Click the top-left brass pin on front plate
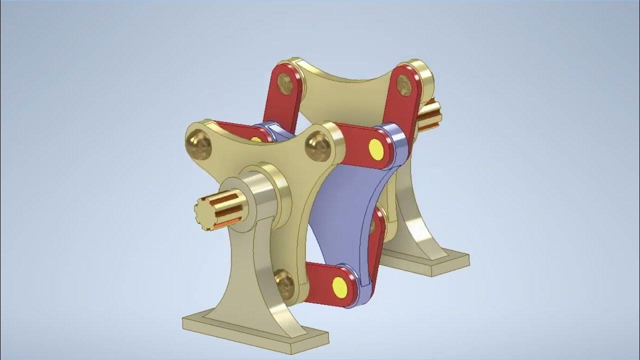[x=198, y=143]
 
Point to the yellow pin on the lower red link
[x=340, y=285]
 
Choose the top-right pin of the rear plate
[x=404, y=85]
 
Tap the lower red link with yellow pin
[x=325, y=282]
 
